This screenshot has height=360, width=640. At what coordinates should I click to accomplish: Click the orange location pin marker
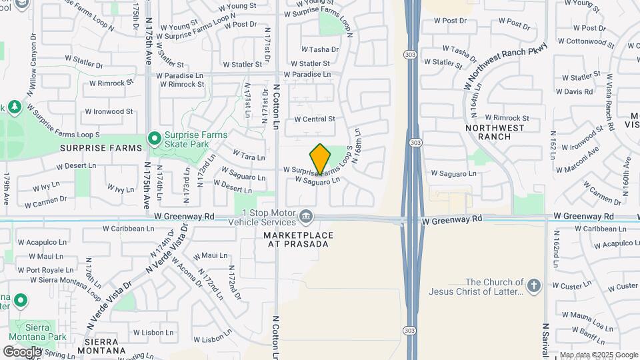pos(321,159)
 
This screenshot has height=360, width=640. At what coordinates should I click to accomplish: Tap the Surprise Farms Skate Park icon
pos(155,139)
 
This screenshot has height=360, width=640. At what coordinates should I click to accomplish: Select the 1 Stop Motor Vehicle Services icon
pos(306,215)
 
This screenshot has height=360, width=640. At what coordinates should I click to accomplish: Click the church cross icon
pos(533,286)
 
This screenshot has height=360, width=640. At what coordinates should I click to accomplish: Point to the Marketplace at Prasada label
pos(296,239)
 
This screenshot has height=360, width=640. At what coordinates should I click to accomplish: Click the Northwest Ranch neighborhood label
pos(488,132)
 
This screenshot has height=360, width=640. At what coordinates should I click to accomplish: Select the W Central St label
pos(315,119)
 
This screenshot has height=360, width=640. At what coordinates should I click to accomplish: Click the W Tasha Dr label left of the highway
pos(320,49)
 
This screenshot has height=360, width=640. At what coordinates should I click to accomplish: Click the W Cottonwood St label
pos(585,41)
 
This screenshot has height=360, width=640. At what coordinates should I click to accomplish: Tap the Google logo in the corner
pos(22,351)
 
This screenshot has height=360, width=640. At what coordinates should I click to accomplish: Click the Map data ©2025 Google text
pos(598,355)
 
